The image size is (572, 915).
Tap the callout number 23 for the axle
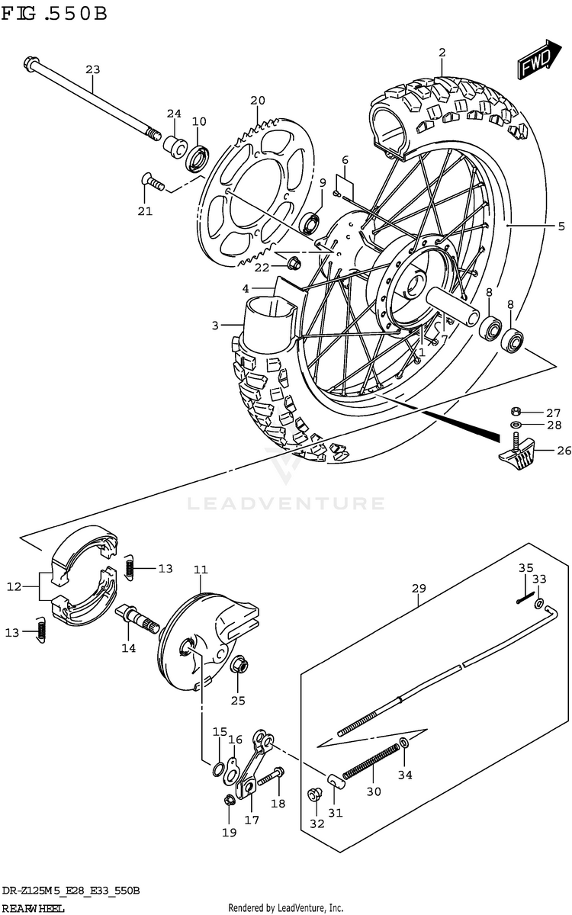click(93, 69)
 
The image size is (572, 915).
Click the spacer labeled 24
click(175, 146)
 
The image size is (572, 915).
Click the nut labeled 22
click(294, 264)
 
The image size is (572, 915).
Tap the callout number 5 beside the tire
click(561, 226)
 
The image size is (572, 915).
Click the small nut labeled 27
click(516, 411)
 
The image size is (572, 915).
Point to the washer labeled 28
click(516, 425)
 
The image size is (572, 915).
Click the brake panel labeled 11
click(204, 642)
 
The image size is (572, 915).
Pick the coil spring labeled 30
click(371, 760)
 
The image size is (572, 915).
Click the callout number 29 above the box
click(419, 588)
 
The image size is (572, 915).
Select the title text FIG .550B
click(54, 14)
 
